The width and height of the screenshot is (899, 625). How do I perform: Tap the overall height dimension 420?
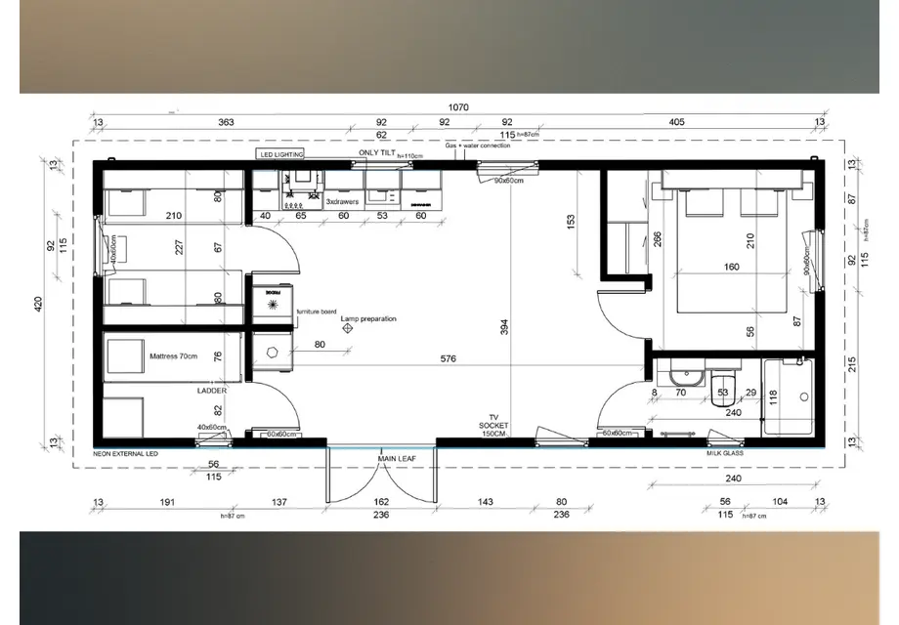[39, 305]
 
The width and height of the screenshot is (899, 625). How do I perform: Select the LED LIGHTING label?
[281, 154]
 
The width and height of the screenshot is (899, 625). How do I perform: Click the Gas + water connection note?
[479, 146]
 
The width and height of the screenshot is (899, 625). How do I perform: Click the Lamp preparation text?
[368, 319]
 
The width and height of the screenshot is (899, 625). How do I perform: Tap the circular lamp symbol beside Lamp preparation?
[346, 330]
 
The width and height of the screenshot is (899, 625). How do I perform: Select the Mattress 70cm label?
[173, 356]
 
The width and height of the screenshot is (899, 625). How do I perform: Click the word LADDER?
[212, 390]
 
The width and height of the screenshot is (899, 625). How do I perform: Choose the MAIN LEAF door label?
[393, 457]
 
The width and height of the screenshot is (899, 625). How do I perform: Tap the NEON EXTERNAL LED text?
[125, 454]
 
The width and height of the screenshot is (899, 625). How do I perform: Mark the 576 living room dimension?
[449, 359]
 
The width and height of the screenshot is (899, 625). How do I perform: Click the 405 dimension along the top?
[676, 123]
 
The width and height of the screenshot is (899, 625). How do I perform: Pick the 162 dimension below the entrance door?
[381, 502]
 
